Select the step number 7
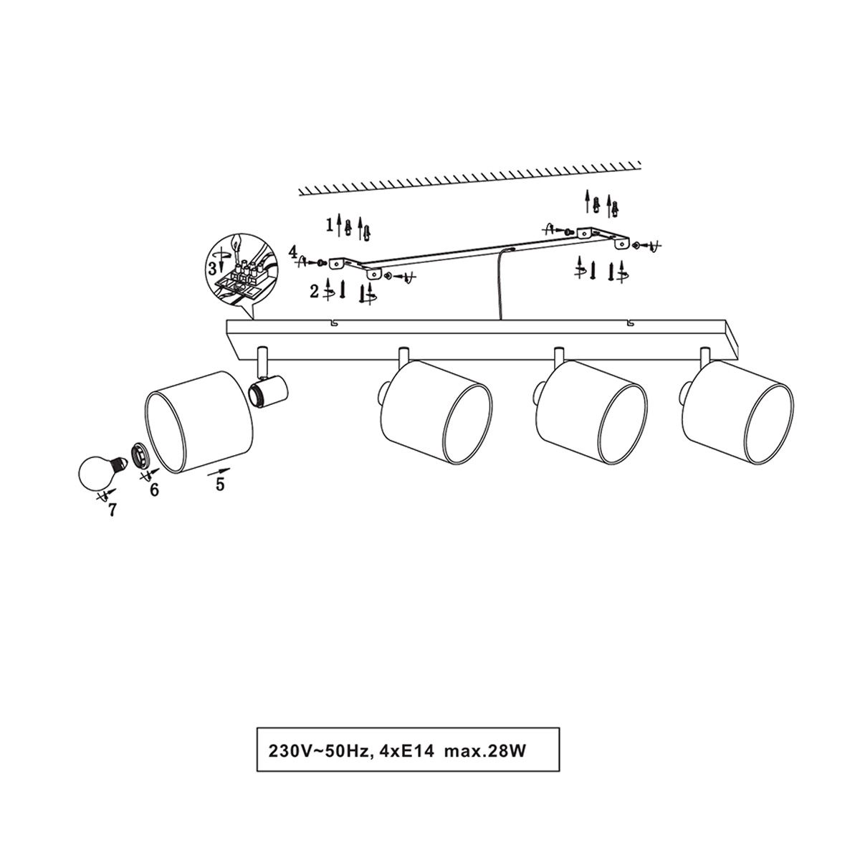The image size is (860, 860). (x=112, y=510)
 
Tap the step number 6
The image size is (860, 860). (x=154, y=489)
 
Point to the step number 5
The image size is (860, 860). (x=219, y=484)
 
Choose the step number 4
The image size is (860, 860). (x=292, y=252)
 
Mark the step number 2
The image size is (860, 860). (x=315, y=292)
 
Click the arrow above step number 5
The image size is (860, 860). (x=219, y=472)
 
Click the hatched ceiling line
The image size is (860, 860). (x=470, y=179)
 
